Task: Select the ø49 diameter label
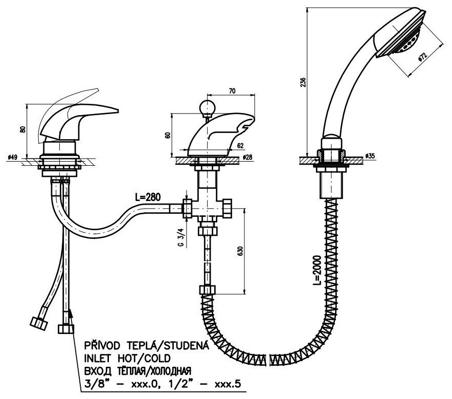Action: click(x=13, y=158)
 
